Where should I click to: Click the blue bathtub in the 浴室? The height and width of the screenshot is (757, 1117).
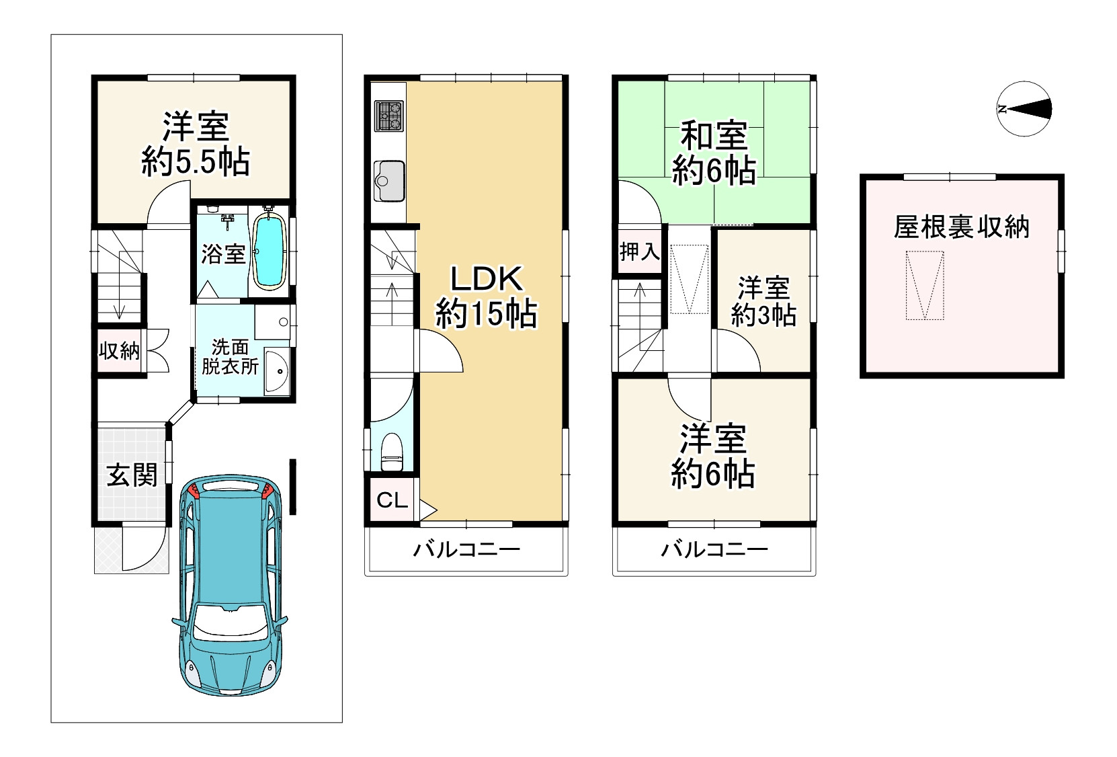270,251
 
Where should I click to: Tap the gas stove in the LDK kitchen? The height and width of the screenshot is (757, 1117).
389,116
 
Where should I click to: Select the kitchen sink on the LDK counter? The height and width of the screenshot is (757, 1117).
389,181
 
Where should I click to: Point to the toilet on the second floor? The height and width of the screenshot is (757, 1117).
392,451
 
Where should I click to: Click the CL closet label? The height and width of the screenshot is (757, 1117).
392,500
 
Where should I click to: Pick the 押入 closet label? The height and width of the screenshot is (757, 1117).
640,251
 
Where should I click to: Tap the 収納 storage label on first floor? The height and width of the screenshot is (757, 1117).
119,351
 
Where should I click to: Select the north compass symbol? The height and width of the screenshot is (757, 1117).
1024,109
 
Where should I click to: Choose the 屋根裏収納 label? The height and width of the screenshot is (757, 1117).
962,227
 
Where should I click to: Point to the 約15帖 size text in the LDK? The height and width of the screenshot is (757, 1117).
487,314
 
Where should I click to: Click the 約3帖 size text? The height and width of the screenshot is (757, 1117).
763,315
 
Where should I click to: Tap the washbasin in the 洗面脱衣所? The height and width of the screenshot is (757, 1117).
277,371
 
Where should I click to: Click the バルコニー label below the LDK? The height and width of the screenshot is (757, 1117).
466,550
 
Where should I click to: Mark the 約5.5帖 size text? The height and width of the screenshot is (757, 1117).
196,161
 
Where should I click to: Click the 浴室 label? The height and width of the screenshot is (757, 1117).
223,254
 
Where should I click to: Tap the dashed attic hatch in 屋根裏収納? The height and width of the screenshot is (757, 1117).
925,285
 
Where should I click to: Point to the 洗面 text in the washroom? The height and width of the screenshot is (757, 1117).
230,347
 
